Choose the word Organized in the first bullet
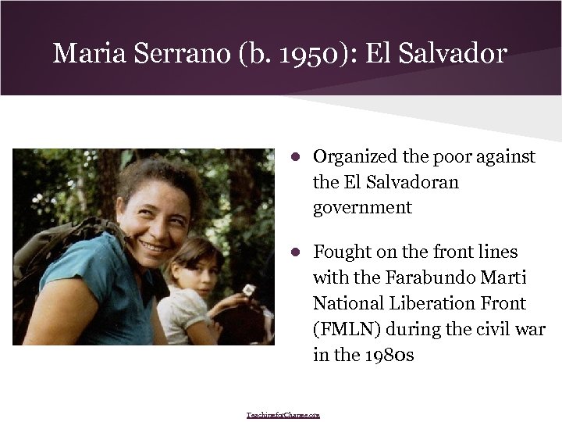pyautogui.click(x=356, y=156)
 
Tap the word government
pyautogui.click(x=362, y=207)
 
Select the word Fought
pyautogui.click(x=341, y=252)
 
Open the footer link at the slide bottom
pyautogui.click(x=283, y=415)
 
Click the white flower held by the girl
pyautogui.click(x=247, y=291)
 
